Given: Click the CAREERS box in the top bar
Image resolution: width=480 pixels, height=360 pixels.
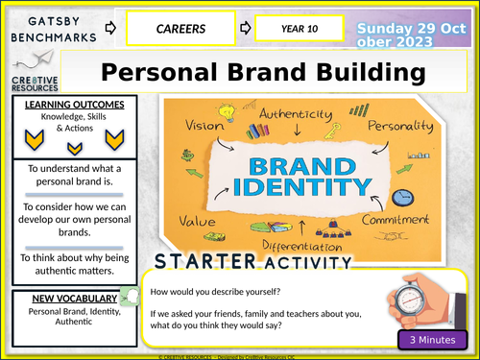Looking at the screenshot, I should tap(183, 28).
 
